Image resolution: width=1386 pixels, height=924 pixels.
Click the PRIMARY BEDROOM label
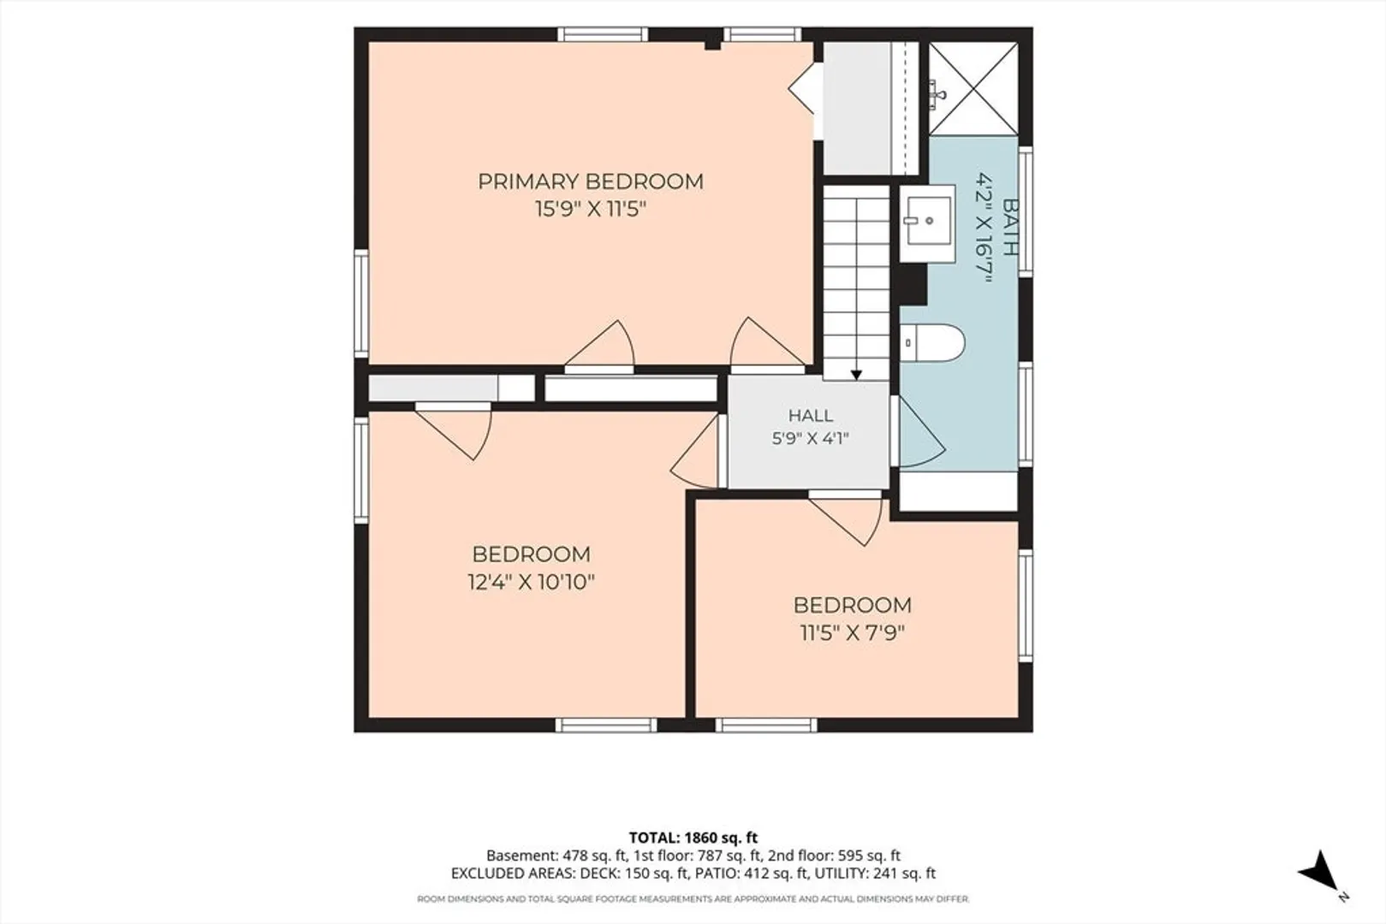(x=591, y=182)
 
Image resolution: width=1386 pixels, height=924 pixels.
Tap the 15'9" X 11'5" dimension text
(x=591, y=210)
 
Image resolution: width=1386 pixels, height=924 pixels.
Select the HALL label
(x=811, y=416)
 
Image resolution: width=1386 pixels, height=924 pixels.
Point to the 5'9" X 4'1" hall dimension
(x=811, y=439)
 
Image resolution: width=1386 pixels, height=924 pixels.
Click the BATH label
(x=1010, y=227)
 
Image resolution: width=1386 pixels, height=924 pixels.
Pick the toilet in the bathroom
(x=932, y=342)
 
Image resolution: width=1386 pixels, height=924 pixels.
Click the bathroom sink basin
(x=928, y=221)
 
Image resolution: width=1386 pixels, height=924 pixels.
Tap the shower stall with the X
(x=973, y=88)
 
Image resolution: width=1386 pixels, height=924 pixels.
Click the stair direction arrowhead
(x=856, y=375)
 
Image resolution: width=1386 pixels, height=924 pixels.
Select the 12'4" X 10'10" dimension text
(x=531, y=582)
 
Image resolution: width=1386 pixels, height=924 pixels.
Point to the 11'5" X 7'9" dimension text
(x=853, y=633)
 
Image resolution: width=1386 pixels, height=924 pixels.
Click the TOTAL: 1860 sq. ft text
(x=693, y=838)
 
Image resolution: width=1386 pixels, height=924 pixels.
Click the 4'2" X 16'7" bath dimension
(x=984, y=227)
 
